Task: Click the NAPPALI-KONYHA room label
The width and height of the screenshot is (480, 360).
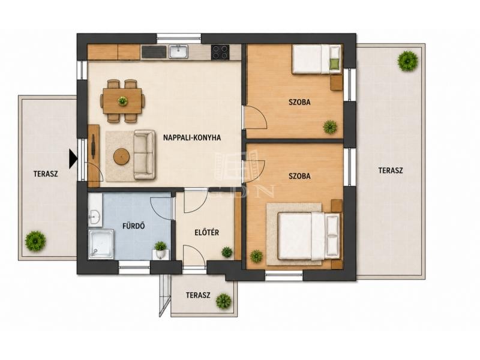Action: [192, 137]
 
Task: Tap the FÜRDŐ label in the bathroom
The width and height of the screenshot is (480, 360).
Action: [133, 226]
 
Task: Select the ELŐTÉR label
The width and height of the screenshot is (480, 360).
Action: [207, 233]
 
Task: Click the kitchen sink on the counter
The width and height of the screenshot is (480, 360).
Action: [178, 52]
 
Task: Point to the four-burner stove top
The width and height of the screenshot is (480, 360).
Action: [220, 52]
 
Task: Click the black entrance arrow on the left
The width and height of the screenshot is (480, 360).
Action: [73, 158]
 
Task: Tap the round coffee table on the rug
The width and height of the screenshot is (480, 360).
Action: [122, 157]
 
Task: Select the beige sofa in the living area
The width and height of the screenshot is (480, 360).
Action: [145, 154]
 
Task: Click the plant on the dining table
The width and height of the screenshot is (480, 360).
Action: [123, 100]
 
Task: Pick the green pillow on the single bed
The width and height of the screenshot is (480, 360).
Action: [334, 63]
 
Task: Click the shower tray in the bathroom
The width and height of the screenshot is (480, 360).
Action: [101, 244]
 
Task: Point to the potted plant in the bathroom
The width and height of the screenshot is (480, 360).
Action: [160, 249]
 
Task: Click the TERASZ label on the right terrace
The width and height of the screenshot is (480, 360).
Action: [391, 170]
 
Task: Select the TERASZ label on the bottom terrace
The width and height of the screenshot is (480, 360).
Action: [198, 295]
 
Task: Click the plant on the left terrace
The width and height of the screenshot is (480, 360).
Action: [35, 241]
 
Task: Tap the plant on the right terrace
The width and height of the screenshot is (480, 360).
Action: [408, 61]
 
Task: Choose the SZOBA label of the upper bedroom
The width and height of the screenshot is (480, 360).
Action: [299, 102]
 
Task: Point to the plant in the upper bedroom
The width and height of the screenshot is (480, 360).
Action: [330, 127]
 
